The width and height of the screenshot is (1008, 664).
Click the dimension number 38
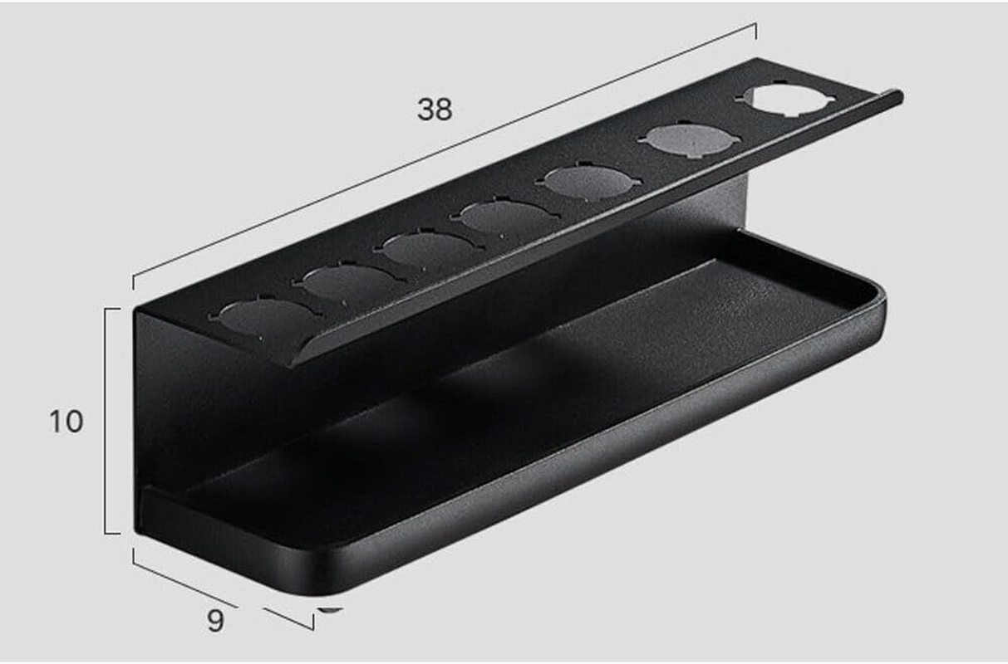(x=435, y=109)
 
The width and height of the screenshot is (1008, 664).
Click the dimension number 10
(x=66, y=422)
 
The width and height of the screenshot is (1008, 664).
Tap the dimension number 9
(x=215, y=620)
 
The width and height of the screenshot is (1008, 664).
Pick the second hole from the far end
(x=688, y=139)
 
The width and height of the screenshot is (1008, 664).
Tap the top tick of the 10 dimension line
(x=112, y=308)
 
